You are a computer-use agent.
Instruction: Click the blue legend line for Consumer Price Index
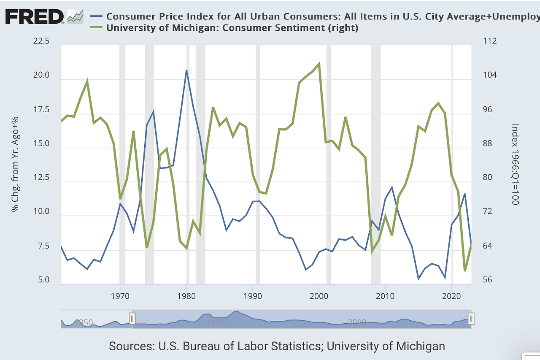coord(97,16)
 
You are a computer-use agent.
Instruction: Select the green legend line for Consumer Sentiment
coord(97,28)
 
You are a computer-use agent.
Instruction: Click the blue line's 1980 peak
coord(186,70)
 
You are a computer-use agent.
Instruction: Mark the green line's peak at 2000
coord(319,64)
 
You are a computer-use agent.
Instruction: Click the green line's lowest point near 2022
coord(465,271)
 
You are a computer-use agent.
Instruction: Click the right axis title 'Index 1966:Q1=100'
coord(514,164)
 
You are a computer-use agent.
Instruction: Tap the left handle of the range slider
coord(132,318)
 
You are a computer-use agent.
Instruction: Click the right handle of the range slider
coord(471,318)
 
